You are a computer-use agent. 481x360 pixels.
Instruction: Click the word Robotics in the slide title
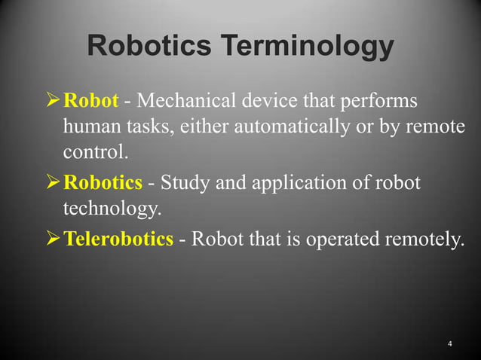tap(149, 47)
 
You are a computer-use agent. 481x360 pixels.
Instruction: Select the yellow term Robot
tap(91, 100)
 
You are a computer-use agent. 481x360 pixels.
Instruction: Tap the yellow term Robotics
tap(102, 183)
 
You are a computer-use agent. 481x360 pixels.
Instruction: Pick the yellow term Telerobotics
tap(118, 239)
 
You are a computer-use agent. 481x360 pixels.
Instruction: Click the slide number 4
tap(449, 344)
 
